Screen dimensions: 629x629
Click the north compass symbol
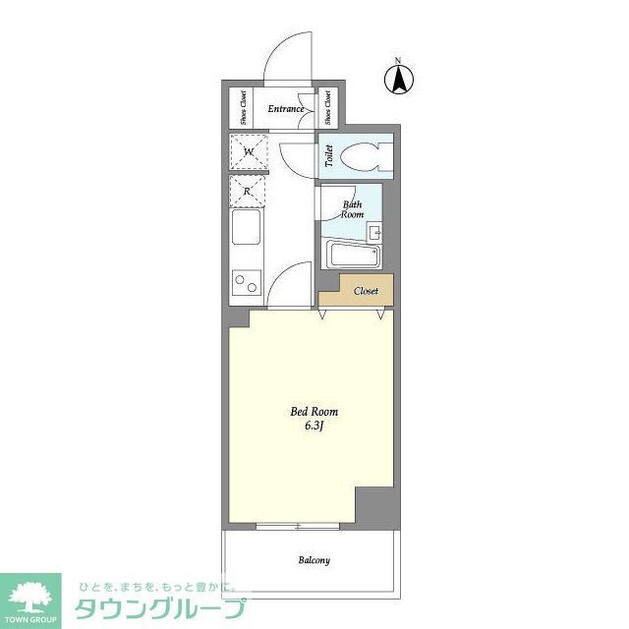point(399,79)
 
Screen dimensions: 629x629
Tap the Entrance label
point(285,109)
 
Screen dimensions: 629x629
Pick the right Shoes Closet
point(327,107)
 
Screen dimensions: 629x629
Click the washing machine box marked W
point(249,152)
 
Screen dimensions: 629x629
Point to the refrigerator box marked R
point(249,192)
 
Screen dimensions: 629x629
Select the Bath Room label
point(352,209)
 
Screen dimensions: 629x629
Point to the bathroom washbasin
point(374,233)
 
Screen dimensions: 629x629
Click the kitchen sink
point(247,235)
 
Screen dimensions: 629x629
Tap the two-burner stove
point(246,286)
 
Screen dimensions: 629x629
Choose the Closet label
point(366,291)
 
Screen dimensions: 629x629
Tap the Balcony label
point(314,560)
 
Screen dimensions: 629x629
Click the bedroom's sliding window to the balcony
point(298,526)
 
